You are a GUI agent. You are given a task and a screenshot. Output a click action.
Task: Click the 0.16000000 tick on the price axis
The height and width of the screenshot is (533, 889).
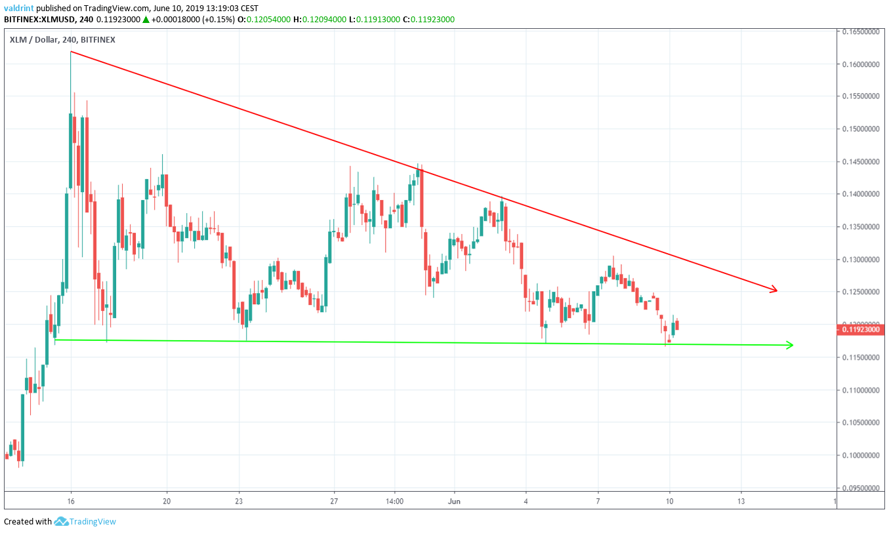point(861,64)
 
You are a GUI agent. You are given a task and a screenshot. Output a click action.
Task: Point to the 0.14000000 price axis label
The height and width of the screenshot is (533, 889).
point(861,195)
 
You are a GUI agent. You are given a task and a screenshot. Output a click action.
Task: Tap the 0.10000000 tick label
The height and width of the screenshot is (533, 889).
point(861,456)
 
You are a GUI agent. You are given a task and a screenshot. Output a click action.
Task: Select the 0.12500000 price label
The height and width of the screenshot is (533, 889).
point(861,292)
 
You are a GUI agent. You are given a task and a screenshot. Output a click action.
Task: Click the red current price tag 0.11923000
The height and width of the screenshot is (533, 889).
point(861,330)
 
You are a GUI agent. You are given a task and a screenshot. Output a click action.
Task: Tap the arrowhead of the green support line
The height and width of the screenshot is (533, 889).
point(791,345)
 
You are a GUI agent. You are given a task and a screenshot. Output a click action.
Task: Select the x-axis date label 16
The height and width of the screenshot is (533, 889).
point(70,500)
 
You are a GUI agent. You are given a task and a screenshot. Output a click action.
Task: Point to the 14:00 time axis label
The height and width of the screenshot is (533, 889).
point(394,500)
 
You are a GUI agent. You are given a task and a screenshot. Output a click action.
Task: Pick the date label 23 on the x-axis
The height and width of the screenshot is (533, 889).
point(239,500)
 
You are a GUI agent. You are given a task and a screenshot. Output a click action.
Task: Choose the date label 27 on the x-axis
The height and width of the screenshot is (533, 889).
point(335,500)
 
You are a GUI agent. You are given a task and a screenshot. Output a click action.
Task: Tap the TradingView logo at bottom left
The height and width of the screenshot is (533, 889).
point(85,522)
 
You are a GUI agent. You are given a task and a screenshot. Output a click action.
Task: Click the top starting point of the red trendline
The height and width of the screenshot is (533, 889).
point(70,51)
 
